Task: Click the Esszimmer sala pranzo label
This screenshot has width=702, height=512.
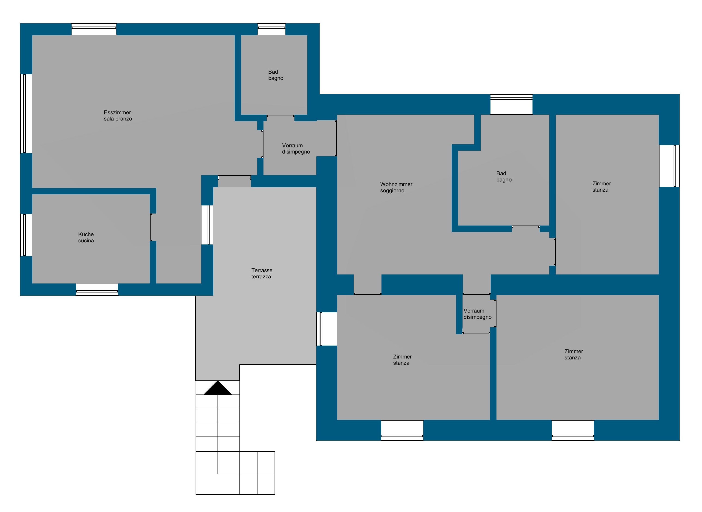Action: (x=118, y=116)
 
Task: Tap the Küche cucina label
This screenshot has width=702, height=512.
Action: (x=86, y=237)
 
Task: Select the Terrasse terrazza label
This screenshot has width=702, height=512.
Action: (x=262, y=273)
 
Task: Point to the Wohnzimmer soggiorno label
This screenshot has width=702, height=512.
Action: (x=396, y=187)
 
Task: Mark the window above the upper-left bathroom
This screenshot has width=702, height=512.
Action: (x=272, y=29)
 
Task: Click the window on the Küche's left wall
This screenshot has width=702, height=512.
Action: (x=26, y=235)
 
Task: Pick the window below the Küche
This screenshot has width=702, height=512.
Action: (x=97, y=289)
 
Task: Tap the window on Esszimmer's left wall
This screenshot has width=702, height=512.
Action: (x=26, y=113)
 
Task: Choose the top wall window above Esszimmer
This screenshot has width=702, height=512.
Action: (x=94, y=29)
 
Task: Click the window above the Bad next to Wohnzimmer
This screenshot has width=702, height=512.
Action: (x=511, y=104)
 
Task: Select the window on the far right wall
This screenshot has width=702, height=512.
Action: (x=669, y=166)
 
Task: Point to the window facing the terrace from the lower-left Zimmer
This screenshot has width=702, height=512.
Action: (x=327, y=329)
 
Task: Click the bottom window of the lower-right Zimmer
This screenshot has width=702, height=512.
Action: (x=573, y=430)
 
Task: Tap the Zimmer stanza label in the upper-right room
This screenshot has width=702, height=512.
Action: (x=602, y=187)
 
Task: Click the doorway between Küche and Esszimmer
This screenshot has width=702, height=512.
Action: (x=153, y=227)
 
